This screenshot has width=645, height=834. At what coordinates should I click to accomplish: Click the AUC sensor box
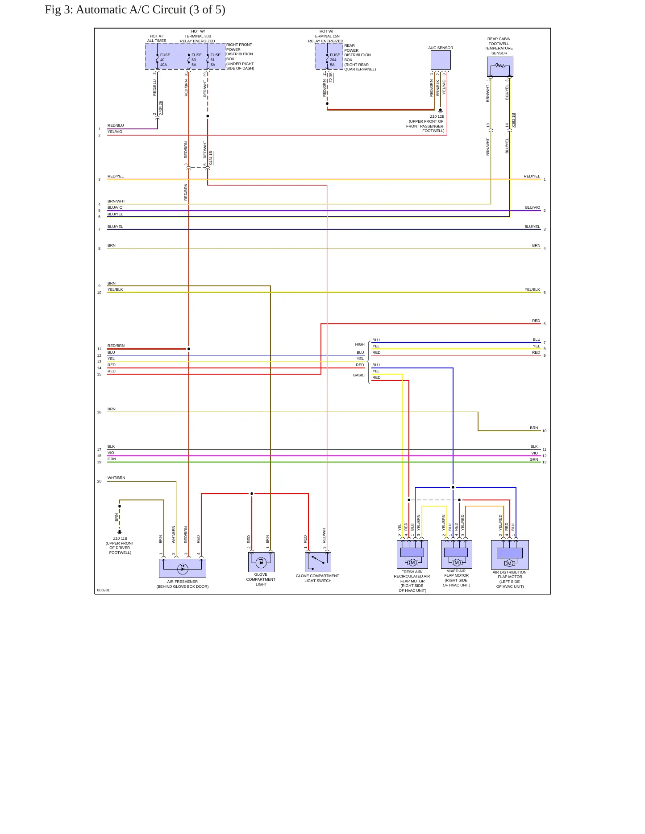click(x=441, y=60)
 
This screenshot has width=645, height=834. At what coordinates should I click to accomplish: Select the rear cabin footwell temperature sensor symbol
click(x=500, y=66)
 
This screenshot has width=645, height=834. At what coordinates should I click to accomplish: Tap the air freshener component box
click(x=183, y=568)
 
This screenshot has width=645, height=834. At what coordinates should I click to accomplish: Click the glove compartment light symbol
click(x=261, y=562)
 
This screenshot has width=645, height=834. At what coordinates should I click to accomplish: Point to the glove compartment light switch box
click(x=318, y=562)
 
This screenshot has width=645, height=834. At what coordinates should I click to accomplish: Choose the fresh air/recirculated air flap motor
click(x=412, y=554)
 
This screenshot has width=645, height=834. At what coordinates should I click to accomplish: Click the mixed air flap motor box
click(x=457, y=554)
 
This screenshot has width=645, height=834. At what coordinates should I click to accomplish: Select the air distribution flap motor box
click(x=510, y=555)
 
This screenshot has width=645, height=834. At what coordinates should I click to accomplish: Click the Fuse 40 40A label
click(x=165, y=60)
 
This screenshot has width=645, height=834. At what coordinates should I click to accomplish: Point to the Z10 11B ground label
click(x=120, y=538)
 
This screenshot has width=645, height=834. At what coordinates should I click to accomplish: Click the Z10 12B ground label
click(x=437, y=116)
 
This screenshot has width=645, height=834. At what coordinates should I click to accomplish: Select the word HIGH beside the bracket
click(x=360, y=344)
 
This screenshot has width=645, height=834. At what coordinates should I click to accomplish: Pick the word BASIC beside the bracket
click(x=359, y=375)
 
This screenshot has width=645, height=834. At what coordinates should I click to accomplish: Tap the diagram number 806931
click(x=103, y=590)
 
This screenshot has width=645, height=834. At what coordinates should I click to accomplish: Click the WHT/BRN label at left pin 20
click(x=117, y=478)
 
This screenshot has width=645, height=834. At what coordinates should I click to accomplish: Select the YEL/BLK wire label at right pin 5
click(x=532, y=289)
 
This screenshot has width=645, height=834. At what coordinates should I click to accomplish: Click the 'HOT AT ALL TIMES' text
click(x=157, y=38)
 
